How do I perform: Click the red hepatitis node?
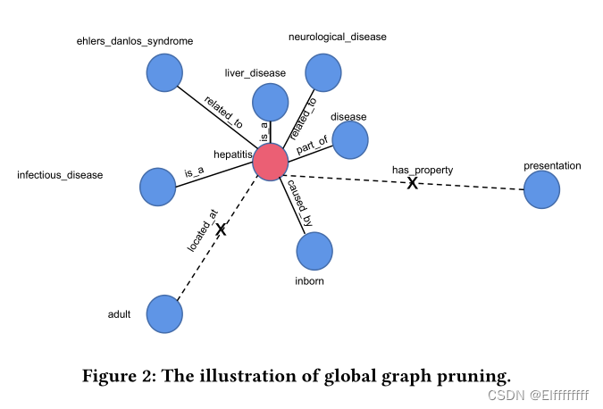pyautogui.click(x=270, y=162)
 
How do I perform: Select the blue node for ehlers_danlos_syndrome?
pyautogui.click(x=164, y=71)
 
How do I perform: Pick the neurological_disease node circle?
pyautogui.click(x=322, y=71)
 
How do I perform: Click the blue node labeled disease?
pyautogui.click(x=350, y=139)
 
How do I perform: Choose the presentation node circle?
pyautogui.click(x=541, y=190)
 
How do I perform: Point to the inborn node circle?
pyautogui.click(x=314, y=251)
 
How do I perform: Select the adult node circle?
pyautogui.click(x=164, y=314)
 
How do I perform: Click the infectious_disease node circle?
pyautogui.click(x=158, y=186)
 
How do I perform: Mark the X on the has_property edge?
pyautogui.click(x=413, y=183)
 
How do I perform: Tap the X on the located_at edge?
pyautogui.click(x=221, y=230)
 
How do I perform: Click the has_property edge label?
pyautogui.click(x=423, y=170)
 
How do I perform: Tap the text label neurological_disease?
pyautogui.click(x=337, y=37)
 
